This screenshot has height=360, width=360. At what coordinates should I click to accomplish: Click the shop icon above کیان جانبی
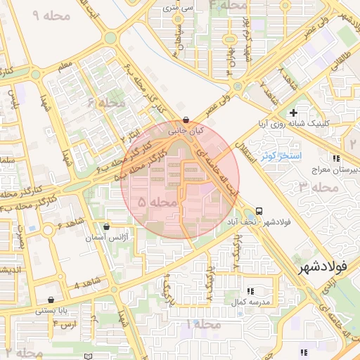[185, 120]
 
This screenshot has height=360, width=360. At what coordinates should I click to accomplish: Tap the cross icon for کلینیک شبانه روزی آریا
[293, 112]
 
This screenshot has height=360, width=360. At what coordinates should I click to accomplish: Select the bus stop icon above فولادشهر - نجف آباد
[260, 210]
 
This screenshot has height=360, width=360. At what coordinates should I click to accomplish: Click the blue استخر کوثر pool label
[281, 154]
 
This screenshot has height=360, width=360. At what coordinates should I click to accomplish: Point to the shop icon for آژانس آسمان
[106, 226]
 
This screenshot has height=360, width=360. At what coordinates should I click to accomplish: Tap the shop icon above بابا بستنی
[51, 300]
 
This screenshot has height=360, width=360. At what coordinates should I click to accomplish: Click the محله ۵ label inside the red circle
[156, 202]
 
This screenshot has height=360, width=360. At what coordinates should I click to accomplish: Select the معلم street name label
[65, 67]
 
